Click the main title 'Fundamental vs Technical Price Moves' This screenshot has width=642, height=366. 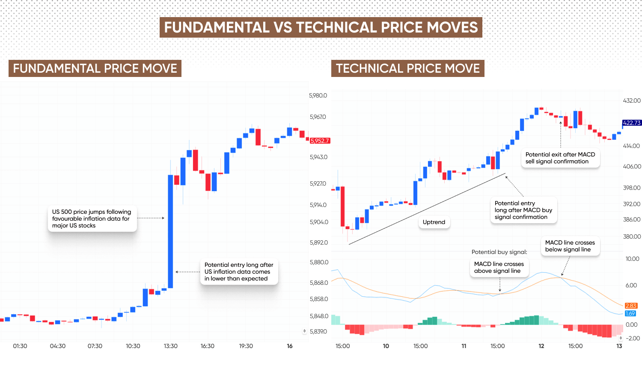point(321,27)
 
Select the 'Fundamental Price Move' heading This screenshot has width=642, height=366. point(95,68)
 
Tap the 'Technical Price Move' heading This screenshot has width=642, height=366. point(407,68)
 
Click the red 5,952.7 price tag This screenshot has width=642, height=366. point(320,141)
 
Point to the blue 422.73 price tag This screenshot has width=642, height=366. point(632,123)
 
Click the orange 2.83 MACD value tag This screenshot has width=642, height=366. point(631,306)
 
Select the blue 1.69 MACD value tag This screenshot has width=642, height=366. point(630,313)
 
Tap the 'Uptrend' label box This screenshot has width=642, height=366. point(434,222)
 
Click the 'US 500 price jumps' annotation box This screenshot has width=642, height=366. point(92,218)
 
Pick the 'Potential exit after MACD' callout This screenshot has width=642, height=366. point(560,158)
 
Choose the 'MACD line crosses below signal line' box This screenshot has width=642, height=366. point(570,246)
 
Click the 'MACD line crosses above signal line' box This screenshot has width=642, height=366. point(499,267)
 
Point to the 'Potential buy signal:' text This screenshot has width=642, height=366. point(499,252)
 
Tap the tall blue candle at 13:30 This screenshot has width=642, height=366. point(170,231)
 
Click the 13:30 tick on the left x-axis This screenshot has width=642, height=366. point(170,346)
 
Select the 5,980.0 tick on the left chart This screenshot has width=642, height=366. point(318,95)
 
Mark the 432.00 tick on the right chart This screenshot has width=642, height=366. point(632,100)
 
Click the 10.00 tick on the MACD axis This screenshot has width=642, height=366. point(632,259)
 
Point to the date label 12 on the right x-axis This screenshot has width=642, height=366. point(541,346)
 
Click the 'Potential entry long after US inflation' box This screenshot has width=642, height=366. point(239,272)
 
